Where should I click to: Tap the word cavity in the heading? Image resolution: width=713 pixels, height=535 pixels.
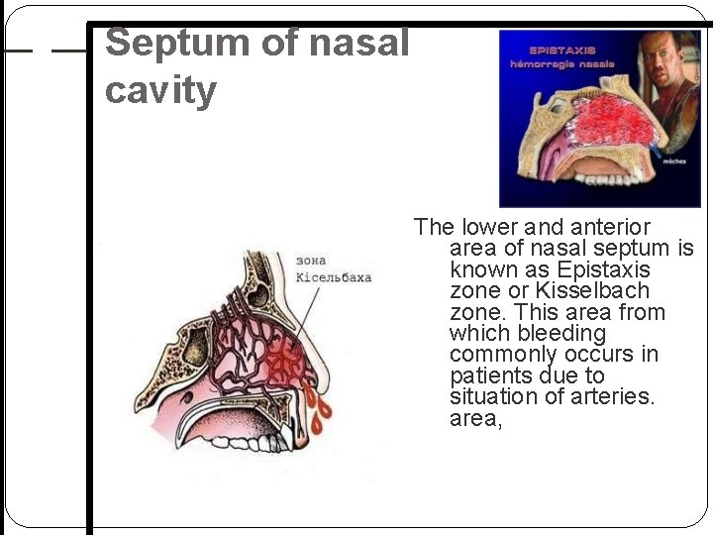point(160,91)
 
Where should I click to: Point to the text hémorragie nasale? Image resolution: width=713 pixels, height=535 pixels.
point(562,63)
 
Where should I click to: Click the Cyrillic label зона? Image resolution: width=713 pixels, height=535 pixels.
point(312,260)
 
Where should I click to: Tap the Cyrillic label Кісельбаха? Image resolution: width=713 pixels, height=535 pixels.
point(334,276)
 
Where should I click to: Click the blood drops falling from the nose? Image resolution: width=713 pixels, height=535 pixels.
point(319,417)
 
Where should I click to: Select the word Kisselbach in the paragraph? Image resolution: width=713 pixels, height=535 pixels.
point(592,291)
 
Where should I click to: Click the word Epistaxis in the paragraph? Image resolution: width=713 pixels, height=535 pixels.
point(603,269)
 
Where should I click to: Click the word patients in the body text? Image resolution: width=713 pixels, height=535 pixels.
point(490,376)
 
